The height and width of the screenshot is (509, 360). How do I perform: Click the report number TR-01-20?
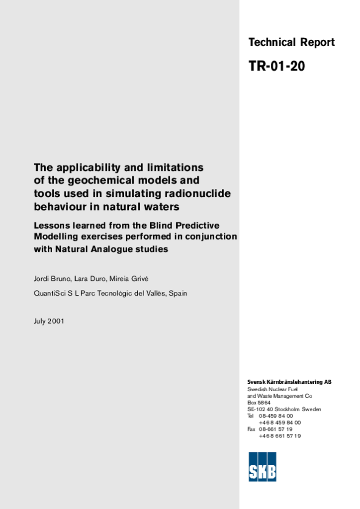click(x=276, y=66)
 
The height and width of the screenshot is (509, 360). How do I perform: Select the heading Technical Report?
click(x=291, y=43)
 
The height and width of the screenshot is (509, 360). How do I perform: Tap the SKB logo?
click(x=262, y=467)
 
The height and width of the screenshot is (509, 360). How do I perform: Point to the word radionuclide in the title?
click(x=200, y=193)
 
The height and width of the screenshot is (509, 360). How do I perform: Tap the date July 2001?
click(x=49, y=321)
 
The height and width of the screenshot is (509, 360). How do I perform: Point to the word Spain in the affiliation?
click(x=178, y=293)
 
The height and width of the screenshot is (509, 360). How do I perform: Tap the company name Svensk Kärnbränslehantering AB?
click(x=289, y=382)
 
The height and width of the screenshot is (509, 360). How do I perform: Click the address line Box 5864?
click(x=259, y=403)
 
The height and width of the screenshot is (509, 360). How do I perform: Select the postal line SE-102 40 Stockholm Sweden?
click(x=284, y=410)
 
